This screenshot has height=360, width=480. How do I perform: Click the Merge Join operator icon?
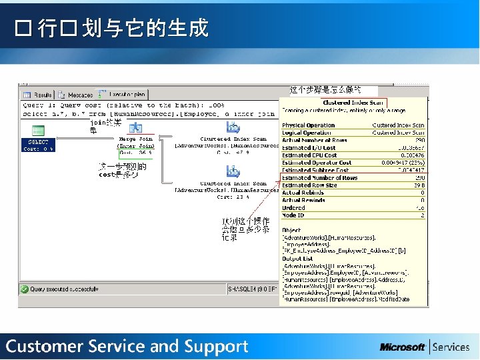136,127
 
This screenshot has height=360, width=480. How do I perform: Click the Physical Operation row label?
309,125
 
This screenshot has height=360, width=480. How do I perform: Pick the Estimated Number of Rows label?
320,178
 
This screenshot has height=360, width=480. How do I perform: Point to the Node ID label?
293,215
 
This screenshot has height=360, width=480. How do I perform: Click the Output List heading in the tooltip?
298,258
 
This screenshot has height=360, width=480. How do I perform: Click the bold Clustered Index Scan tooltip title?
353,103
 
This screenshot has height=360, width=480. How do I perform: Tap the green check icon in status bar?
24,289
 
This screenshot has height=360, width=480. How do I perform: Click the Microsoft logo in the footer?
403,347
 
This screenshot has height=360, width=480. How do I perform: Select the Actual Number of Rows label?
315,140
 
